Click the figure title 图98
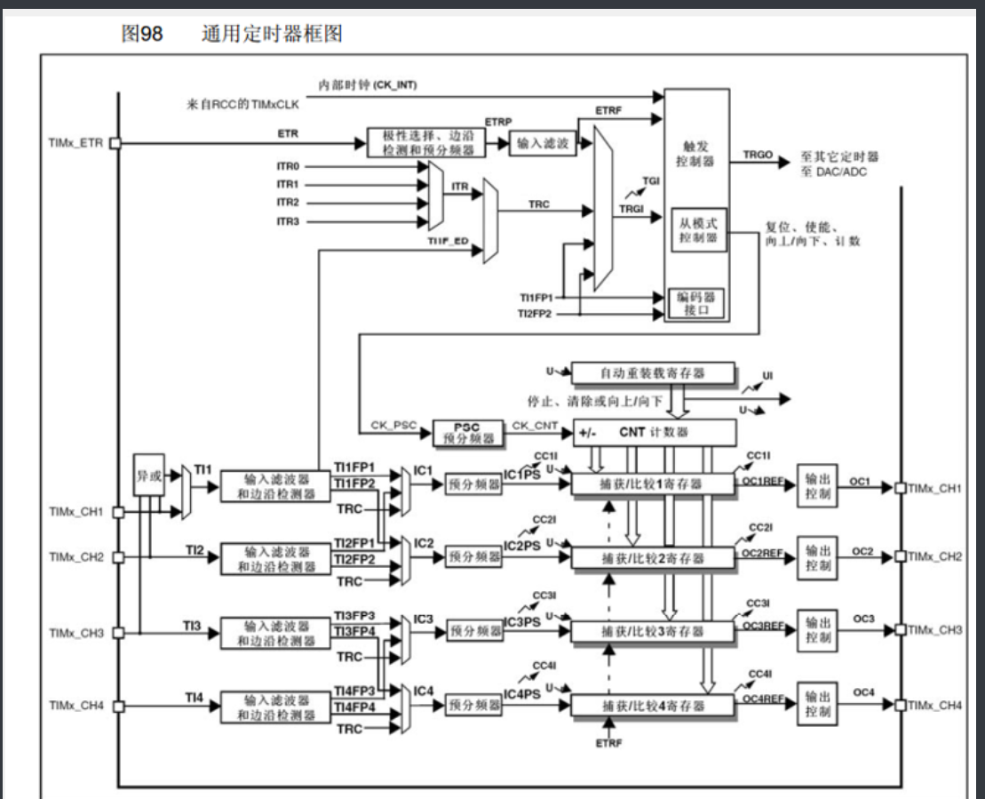point(141,35)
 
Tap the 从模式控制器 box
point(697,228)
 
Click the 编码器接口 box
point(697,304)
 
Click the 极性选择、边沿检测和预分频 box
point(427,142)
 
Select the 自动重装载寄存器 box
point(653,373)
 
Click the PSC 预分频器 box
point(467,432)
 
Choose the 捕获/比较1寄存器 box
point(653,483)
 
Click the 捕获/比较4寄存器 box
point(653,705)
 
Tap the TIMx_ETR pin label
point(75,142)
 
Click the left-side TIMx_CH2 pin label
point(76,557)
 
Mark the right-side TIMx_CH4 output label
point(935,705)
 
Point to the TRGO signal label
point(758,155)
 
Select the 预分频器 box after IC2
point(475,556)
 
